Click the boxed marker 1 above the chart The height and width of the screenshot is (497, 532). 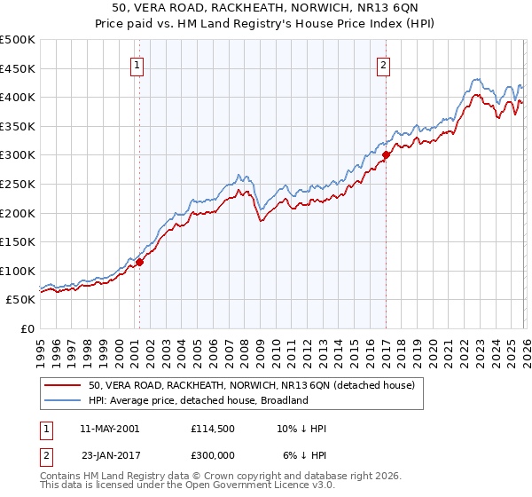139,64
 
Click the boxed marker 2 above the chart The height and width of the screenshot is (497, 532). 384,64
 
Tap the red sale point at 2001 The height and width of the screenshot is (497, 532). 139,262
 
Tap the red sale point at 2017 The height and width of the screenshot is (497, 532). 386,154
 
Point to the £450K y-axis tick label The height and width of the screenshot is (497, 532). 18,68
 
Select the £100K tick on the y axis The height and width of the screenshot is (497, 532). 18,271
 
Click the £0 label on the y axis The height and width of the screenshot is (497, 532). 28,328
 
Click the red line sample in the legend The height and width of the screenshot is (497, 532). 62,385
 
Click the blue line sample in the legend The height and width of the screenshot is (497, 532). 62,400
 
